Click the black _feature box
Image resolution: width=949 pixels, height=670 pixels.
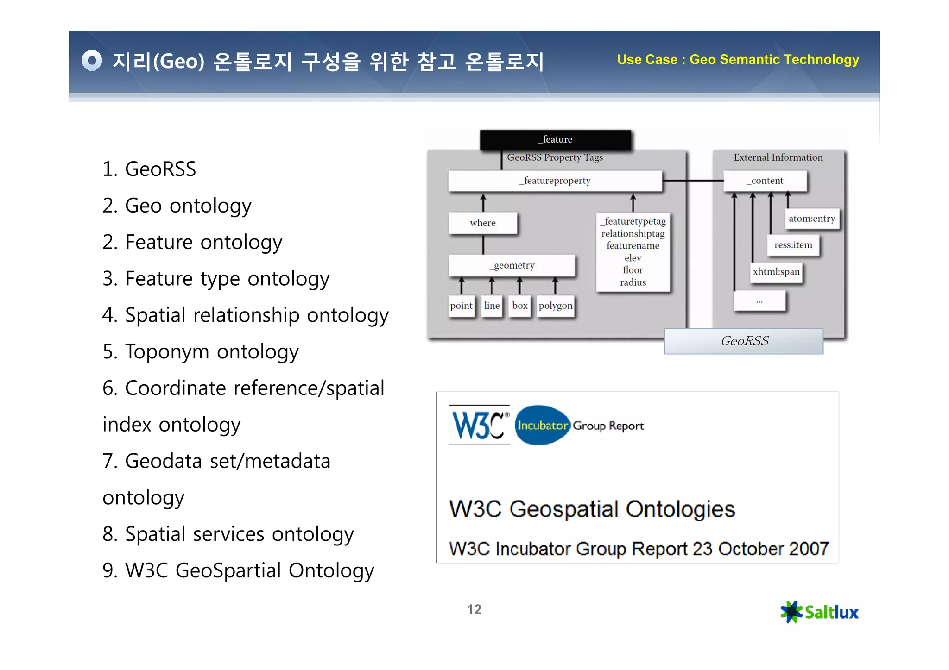(x=555, y=139)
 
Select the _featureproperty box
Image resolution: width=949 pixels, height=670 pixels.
(x=555, y=181)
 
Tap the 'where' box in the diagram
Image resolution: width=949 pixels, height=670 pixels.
(x=483, y=223)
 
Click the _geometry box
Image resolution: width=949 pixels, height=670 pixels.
(x=512, y=265)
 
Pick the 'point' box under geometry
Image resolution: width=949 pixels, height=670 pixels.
(x=461, y=306)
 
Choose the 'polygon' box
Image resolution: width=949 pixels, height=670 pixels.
(x=555, y=306)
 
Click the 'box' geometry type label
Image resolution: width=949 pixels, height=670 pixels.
(x=519, y=306)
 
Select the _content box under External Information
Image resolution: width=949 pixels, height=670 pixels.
(x=765, y=181)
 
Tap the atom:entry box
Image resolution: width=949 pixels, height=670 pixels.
(x=811, y=219)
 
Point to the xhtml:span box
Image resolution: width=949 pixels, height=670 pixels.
(x=776, y=272)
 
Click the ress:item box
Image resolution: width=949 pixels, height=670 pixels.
(x=793, y=245)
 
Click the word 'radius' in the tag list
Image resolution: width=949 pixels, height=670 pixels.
(x=633, y=282)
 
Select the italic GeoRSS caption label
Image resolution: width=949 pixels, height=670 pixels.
(x=744, y=341)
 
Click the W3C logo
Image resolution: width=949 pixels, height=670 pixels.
(x=479, y=425)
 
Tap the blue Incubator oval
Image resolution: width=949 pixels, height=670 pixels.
(x=542, y=425)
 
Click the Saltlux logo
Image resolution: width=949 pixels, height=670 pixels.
(x=819, y=612)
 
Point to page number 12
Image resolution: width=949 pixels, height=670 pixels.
(x=474, y=609)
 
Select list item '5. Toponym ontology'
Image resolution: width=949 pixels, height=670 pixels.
(x=201, y=351)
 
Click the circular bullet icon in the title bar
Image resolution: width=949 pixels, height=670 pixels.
(x=91, y=61)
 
